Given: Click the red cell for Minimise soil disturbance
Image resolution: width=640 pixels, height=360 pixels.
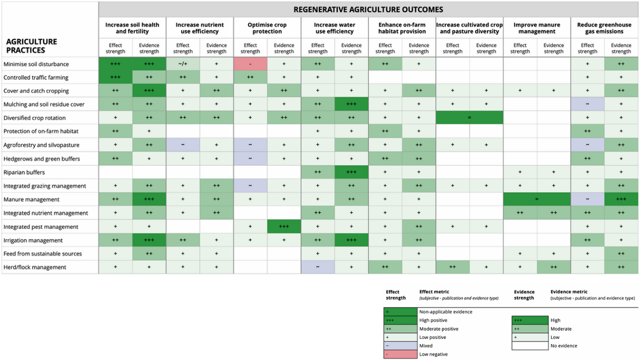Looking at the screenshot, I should tap(250, 64).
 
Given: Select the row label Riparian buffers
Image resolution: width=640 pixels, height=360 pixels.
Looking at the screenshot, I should tap(24, 172).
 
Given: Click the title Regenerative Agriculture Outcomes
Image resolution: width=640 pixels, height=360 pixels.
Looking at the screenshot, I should tap(368, 9).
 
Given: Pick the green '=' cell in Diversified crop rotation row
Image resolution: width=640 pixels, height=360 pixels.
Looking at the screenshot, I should tap(469, 118).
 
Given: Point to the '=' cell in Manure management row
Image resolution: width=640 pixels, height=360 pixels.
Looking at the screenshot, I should tap(537, 199).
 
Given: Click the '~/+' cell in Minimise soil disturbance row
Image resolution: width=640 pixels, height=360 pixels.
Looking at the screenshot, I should tap(183, 64).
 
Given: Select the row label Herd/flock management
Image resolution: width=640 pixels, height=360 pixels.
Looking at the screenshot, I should tap(35, 267).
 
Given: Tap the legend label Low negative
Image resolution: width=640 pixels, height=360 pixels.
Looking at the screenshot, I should tap(434, 354).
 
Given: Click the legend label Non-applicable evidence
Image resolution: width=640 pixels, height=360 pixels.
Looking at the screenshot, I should tap(446, 312).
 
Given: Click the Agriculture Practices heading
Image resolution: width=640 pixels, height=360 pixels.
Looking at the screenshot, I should tap(32, 46).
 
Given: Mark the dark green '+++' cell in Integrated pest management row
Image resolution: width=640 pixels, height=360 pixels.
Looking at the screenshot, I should tap(284, 227).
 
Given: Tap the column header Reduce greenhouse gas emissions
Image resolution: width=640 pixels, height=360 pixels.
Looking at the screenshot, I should tap(604, 28).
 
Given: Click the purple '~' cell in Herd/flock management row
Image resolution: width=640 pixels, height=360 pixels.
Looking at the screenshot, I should tap(317, 267).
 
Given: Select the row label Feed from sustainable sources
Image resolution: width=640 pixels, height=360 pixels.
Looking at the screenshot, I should tap(43, 254).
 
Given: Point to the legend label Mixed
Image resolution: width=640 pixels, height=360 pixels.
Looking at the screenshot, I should tap(426, 346).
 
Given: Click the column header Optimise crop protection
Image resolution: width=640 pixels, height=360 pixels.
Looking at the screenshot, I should tap(267, 28).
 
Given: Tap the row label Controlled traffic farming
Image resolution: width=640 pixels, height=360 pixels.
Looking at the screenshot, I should tap(35, 77).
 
